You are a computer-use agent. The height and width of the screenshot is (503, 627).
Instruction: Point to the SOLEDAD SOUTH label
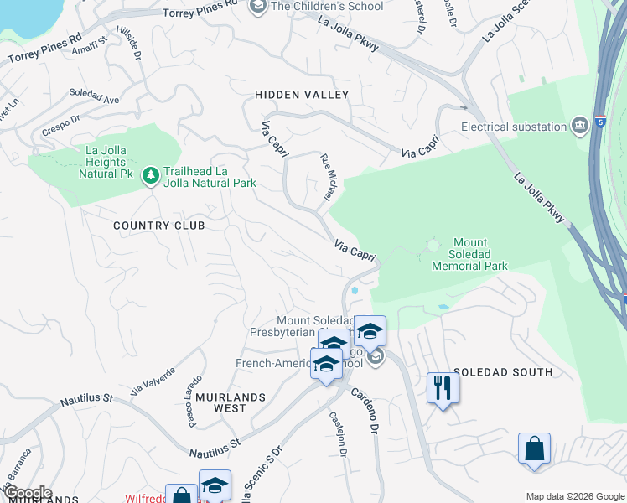pos(503,371)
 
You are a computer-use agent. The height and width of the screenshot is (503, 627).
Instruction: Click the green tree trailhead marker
pos(151,175)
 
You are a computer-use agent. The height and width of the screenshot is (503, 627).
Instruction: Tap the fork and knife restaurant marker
pos(440,387)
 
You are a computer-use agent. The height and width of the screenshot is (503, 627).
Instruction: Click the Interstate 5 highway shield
pos(601,122)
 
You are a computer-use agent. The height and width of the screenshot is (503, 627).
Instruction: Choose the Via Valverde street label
pos(153,381)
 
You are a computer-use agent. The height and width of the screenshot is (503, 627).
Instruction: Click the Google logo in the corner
pos(27,493)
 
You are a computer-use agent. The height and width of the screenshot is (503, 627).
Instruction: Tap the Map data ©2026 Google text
pos(574,495)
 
